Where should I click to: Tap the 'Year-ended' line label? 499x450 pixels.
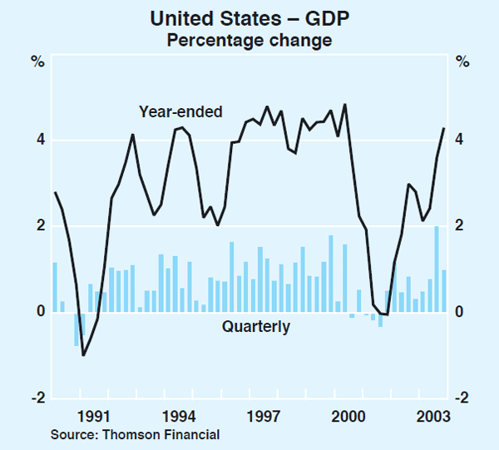pos(180,111)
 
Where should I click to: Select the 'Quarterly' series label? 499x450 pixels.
pos(256,327)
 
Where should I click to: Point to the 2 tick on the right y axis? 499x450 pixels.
pos(462,226)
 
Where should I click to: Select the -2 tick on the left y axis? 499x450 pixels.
pos(36,398)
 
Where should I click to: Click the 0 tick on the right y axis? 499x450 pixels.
pos(462,312)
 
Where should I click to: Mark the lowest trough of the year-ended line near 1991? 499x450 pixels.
pos(83,355)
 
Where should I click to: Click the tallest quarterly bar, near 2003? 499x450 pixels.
pos(437,269)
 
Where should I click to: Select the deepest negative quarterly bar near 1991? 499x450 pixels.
pos(77,329)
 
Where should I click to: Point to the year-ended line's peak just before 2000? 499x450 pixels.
pos(344,105)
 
